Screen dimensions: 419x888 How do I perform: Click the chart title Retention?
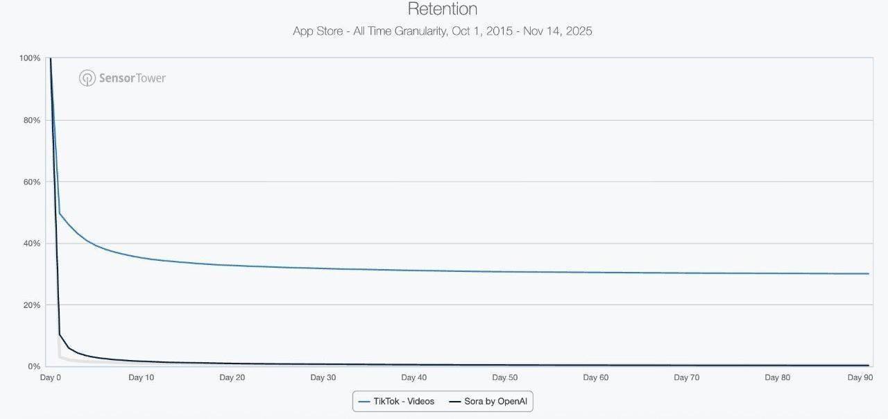click(x=443, y=9)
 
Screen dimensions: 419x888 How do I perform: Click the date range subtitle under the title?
click(x=443, y=31)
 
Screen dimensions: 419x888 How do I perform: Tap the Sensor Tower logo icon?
click(x=87, y=78)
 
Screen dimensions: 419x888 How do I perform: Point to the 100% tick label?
click(x=30, y=58)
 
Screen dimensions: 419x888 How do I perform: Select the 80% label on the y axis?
click(x=31, y=120)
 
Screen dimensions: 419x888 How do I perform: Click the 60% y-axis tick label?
click(x=31, y=182)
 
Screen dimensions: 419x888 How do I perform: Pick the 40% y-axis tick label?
click(x=31, y=243)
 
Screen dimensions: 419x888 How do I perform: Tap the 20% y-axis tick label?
click(x=31, y=305)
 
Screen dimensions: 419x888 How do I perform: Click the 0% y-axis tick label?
click(x=33, y=366)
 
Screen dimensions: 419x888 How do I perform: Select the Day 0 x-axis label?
click(x=51, y=378)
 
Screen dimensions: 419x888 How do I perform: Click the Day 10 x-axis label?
click(x=141, y=378)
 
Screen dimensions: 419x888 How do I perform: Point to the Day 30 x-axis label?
click(x=323, y=378)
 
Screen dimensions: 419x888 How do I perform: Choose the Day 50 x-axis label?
click(x=504, y=378)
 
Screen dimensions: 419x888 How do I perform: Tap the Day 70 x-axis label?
click(x=686, y=378)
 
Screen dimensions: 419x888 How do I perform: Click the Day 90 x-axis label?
click(x=860, y=378)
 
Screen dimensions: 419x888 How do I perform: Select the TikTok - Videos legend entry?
click(x=397, y=402)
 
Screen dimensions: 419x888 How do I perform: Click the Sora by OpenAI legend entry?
click(x=492, y=402)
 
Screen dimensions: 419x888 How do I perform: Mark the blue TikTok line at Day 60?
click(x=595, y=272)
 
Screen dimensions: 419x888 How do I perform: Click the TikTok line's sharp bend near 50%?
click(x=60, y=213)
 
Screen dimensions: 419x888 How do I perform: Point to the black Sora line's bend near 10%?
click(x=60, y=334)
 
